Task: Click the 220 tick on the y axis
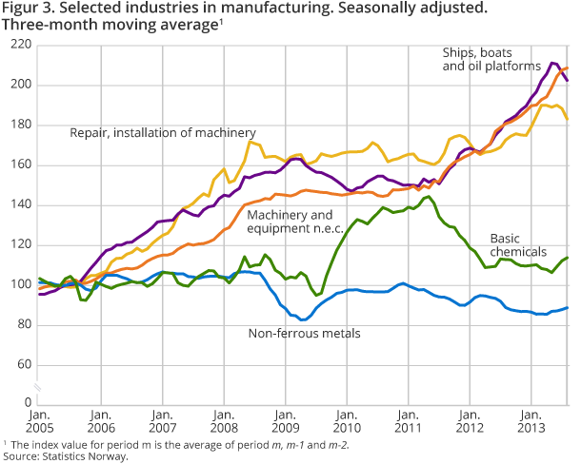pos(16,45)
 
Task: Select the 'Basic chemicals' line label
pos(518,244)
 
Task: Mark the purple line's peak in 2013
pos(553,63)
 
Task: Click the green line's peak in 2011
pos(429,197)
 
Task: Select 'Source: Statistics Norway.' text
pos(64,455)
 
